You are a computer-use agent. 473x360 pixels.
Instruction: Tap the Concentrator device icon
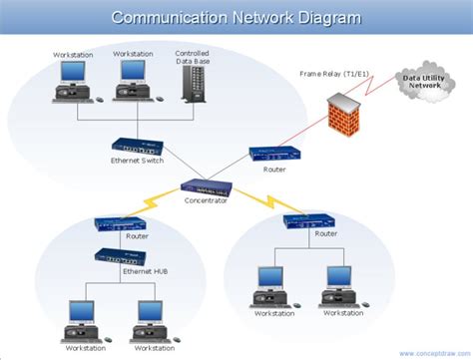tap(207, 185)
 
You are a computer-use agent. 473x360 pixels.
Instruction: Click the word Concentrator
tap(207, 200)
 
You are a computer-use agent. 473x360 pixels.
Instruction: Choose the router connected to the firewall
tap(273, 153)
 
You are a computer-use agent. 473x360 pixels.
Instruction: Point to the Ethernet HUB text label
tap(144, 271)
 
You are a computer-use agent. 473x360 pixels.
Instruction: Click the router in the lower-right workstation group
tap(308, 221)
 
